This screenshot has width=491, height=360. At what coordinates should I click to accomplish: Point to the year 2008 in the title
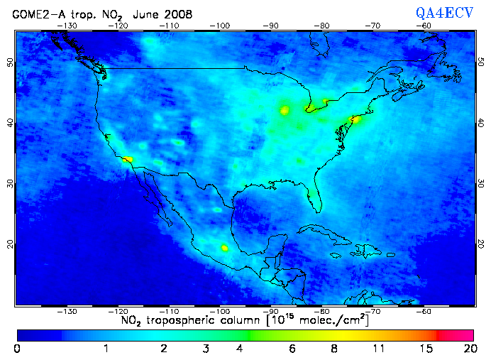pos(165,13)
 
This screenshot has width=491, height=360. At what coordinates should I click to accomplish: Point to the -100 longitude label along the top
pos(221,25)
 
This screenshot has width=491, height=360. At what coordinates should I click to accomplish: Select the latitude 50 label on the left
pos(9,62)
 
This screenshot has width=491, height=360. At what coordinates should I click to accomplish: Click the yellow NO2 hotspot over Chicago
pos(285,110)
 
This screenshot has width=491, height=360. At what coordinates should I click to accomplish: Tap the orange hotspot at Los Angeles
pos(127,160)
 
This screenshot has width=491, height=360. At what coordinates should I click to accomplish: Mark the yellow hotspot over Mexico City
pos(225,248)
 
